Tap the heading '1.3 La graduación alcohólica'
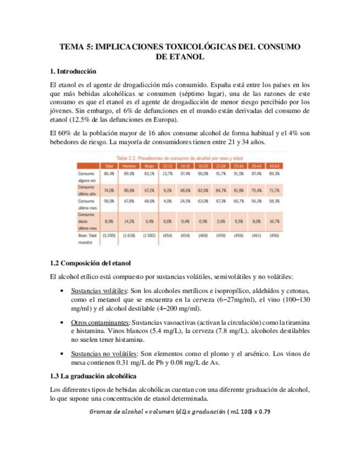[x=89, y=376]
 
